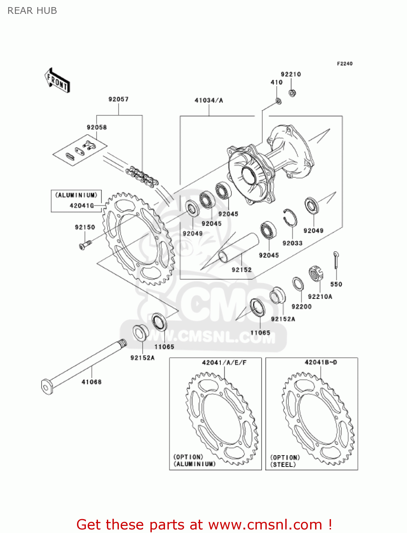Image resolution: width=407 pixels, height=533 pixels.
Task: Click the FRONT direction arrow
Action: (x=57, y=81)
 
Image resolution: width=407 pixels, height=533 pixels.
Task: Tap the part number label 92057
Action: (x=119, y=99)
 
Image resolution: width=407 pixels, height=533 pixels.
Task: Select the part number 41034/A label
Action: (x=209, y=101)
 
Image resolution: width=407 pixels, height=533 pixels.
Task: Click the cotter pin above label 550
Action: (x=336, y=261)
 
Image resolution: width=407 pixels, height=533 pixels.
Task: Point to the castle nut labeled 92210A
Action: (x=316, y=274)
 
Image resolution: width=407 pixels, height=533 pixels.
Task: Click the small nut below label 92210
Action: (x=292, y=93)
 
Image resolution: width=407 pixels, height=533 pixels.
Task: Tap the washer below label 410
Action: (x=279, y=102)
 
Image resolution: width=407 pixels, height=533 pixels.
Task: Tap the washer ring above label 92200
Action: (x=298, y=284)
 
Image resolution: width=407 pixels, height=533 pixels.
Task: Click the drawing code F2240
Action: (x=345, y=64)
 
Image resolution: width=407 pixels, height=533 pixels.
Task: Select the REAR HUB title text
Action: (x=32, y=11)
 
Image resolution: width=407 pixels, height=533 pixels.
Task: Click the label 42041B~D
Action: (x=321, y=362)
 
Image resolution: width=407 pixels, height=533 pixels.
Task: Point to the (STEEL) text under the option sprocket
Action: (x=283, y=464)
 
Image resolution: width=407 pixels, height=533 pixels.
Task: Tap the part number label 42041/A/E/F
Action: (x=224, y=363)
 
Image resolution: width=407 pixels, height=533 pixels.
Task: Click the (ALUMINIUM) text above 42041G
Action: (x=76, y=195)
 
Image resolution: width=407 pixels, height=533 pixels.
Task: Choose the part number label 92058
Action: (x=97, y=127)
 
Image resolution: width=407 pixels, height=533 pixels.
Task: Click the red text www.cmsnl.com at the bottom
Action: (x=265, y=524)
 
